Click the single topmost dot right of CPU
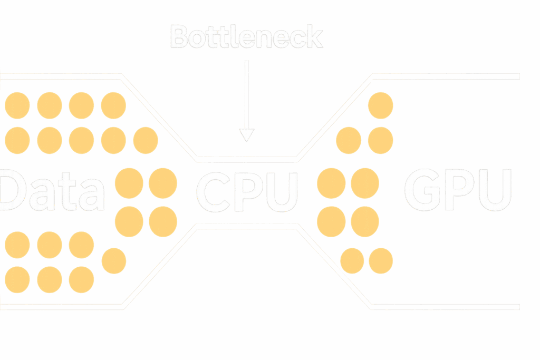coord(380,105)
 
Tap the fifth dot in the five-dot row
coord(146,140)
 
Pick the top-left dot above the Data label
coord(17,105)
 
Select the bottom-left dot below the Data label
coord(17,279)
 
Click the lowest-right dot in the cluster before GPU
coord(380,261)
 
